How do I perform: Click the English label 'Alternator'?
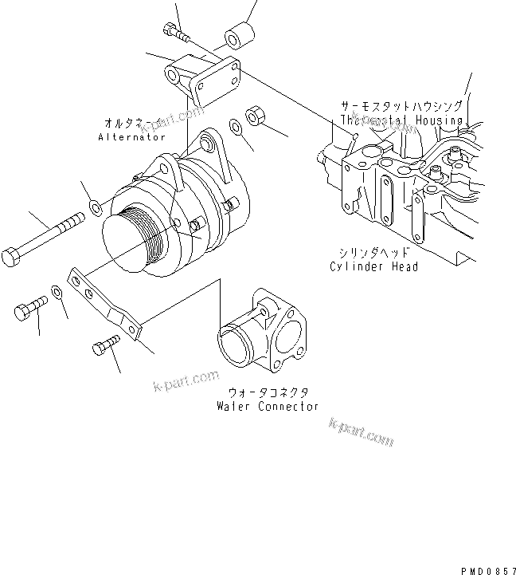point(131,137)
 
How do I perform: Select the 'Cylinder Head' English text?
point(373,266)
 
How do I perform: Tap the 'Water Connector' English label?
point(268,406)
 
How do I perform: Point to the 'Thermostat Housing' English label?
point(401,120)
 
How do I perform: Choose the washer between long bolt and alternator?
point(95,209)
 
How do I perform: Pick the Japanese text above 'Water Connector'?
point(268,392)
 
